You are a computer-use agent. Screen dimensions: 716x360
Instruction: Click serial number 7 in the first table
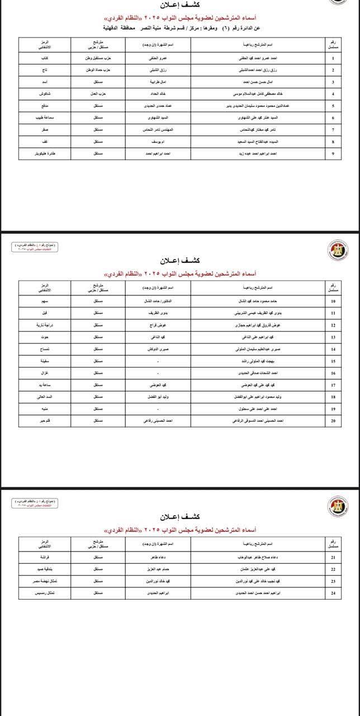333,129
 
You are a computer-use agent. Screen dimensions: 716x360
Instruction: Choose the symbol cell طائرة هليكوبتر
45,153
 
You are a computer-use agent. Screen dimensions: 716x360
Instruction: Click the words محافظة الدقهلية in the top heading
122,27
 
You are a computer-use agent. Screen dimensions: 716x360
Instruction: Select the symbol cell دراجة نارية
45,325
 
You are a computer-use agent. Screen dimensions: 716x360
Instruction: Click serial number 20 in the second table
333,420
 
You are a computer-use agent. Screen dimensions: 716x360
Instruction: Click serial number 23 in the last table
333,581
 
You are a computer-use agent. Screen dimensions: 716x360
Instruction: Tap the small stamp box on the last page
36,503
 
